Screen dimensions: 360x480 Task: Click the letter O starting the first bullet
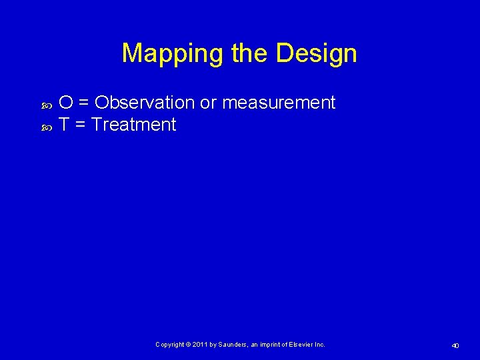(65, 103)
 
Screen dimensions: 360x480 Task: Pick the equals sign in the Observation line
(84, 103)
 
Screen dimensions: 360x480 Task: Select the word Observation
(144, 103)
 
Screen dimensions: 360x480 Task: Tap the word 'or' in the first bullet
(208, 103)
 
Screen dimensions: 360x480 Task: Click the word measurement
(279, 103)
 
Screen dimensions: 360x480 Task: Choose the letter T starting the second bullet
(65, 125)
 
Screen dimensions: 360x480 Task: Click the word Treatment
(134, 125)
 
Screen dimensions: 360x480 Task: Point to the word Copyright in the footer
(170, 345)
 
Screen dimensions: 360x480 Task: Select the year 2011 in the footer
(200, 345)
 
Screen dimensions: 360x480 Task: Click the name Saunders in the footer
(231, 345)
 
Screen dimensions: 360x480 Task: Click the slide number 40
(455, 345)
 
